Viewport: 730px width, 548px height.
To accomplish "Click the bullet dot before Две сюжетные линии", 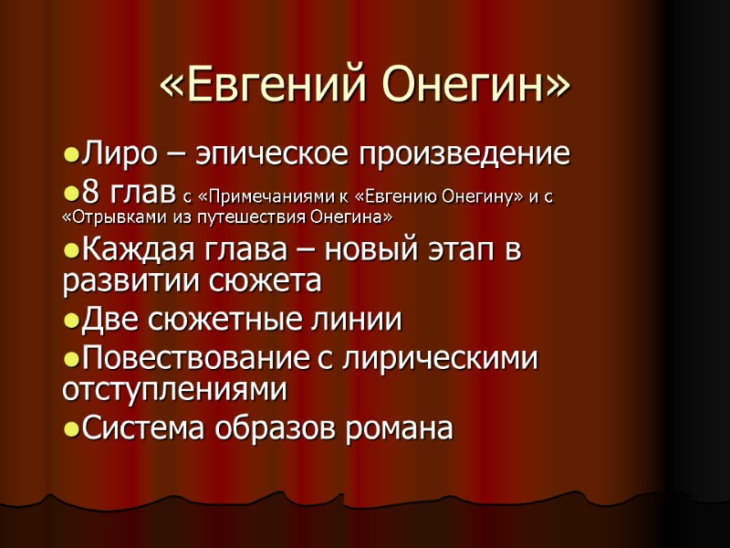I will tap(71, 321).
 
